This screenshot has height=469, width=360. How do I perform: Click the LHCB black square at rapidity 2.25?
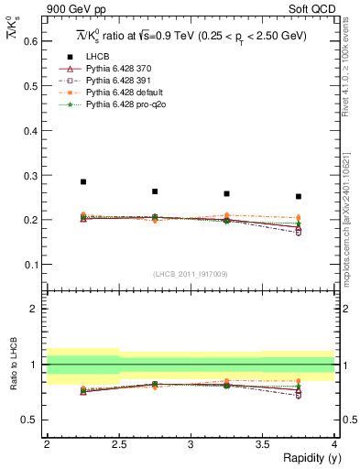click(x=83, y=181)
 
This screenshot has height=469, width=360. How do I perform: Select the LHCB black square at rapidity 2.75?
click(x=155, y=191)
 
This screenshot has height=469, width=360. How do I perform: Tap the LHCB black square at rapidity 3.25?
click(x=226, y=193)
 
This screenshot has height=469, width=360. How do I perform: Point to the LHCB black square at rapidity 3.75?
click(x=298, y=196)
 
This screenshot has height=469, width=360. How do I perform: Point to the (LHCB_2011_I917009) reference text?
click(x=191, y=274)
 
